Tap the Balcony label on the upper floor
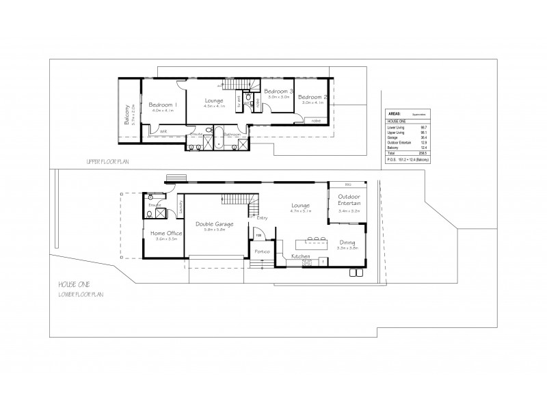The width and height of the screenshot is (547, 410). (127, 112)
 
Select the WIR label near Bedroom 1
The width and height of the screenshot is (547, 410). (164, 132)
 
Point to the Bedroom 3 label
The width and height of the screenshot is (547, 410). (278, 91)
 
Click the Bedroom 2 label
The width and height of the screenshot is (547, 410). (313, 97)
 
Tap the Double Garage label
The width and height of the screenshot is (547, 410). (214, 223)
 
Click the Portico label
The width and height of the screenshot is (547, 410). (261, 251)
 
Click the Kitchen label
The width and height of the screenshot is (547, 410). (302, 256)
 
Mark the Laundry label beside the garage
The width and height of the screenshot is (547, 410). (181, 206)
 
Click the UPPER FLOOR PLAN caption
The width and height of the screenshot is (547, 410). (107, 162)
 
